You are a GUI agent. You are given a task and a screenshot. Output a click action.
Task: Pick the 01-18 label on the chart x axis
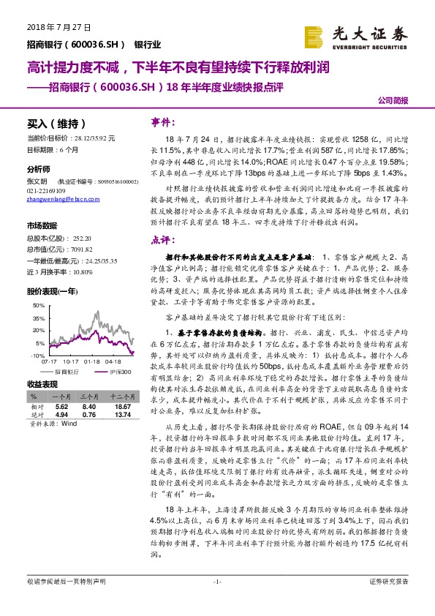pyautogui.click(x=91, y=361)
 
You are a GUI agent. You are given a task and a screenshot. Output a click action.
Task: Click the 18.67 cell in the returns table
pyautogui.click(x=123, y=406)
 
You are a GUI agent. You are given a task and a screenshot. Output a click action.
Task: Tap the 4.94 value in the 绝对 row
pyautogui.click(x=62, y=414)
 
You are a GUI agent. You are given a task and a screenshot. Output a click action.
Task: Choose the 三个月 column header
pyautogui.click(x=88, y=398)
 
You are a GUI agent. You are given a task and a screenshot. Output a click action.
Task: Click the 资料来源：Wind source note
pyautogui.click(x=53, y=423)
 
